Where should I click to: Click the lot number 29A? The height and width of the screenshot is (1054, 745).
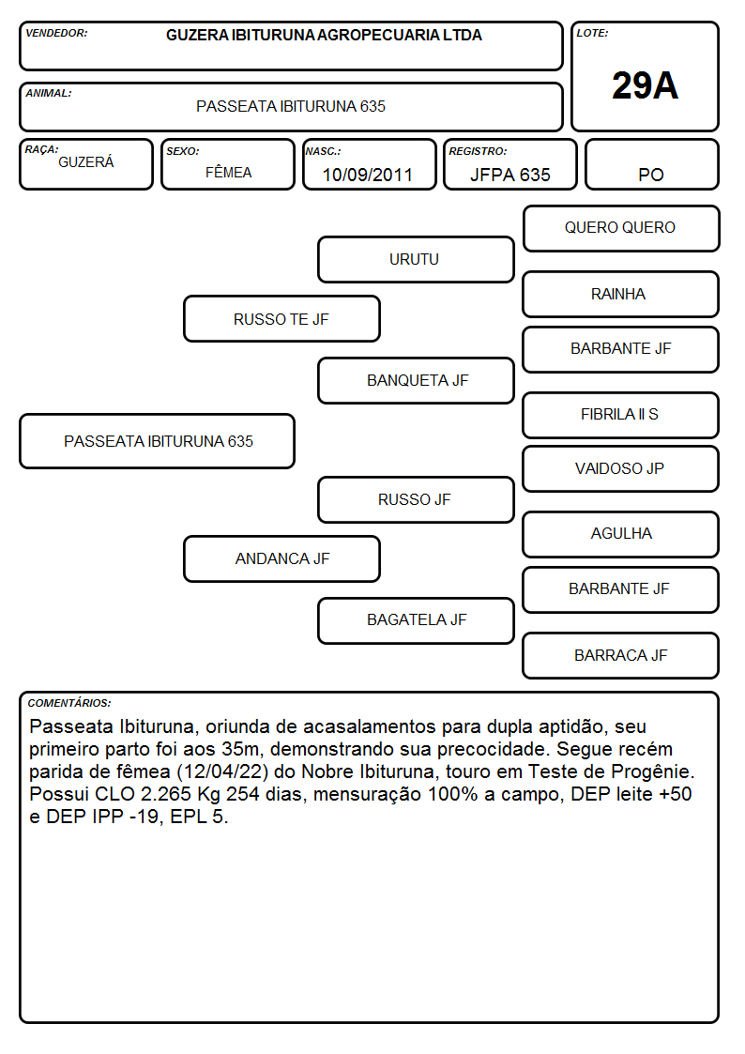click(645, 85)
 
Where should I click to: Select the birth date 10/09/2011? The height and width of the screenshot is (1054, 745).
click(368, 175)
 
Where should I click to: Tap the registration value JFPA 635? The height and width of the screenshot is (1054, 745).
click(509, 175)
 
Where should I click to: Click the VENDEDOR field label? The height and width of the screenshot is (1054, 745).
click(56, 33)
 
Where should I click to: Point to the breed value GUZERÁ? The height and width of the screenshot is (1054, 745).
click(86, 162)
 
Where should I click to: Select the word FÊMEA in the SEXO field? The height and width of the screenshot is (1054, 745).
click(228, 173)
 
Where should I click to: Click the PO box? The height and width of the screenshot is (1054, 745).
click(651, 164)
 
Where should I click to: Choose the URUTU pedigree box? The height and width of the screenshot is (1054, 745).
click(416, 259)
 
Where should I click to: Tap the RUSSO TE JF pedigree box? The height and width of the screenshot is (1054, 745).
click(281, 318)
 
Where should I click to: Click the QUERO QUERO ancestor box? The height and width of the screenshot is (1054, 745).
click(621, 229)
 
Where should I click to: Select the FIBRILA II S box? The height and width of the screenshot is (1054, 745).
click(621, 415)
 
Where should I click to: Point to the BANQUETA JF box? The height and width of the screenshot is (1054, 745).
click(416, 380)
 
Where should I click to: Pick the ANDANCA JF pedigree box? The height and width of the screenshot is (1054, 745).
click(281, 558)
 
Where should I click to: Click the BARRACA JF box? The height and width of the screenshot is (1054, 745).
click(621, 655)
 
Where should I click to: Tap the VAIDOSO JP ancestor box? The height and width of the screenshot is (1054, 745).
click(621, 468)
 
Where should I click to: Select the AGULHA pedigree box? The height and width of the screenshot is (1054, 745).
click(621, 534)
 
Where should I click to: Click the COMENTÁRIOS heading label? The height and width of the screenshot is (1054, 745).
click(69, 703)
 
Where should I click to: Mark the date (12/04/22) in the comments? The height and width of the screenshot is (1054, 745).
click(221, 771)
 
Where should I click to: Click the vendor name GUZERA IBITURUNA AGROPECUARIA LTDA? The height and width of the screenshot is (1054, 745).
click(324, 35)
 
